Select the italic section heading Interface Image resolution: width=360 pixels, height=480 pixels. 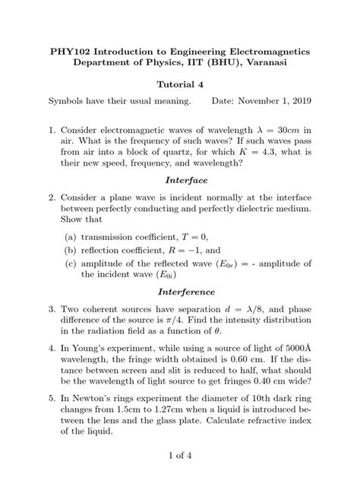coord(180,181)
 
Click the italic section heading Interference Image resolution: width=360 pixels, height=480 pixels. coord(180,292)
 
